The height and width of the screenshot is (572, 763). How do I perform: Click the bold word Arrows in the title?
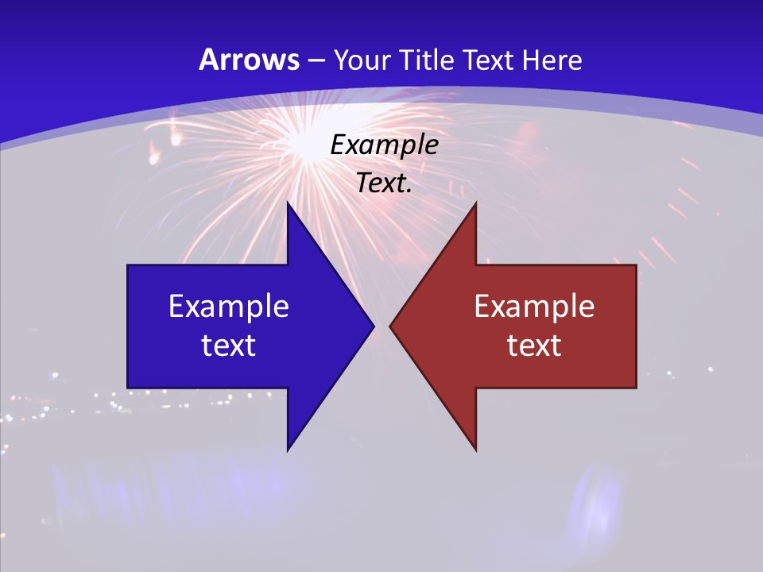(248, 60)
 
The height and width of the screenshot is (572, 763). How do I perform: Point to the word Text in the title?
(490, 60)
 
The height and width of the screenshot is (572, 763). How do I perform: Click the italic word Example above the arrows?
(384, 145)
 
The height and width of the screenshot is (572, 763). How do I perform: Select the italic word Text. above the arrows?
(384, 184)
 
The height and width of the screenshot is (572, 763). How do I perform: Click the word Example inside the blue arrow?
(229, 307)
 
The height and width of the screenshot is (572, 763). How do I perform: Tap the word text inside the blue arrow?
(229, 345)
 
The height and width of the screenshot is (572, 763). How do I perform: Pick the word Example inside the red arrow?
(534, 307)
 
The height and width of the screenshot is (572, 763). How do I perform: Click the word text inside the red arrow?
(534, 345)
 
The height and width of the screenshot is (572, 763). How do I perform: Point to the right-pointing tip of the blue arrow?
(374, 326)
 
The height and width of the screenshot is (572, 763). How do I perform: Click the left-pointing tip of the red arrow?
(390, 326)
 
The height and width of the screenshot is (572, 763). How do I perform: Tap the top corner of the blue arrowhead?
(288, 203)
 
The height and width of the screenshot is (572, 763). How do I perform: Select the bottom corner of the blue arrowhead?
(288, 450)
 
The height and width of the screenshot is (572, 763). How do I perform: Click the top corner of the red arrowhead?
(475, 203)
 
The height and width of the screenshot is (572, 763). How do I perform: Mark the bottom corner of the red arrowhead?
(475, 450)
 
